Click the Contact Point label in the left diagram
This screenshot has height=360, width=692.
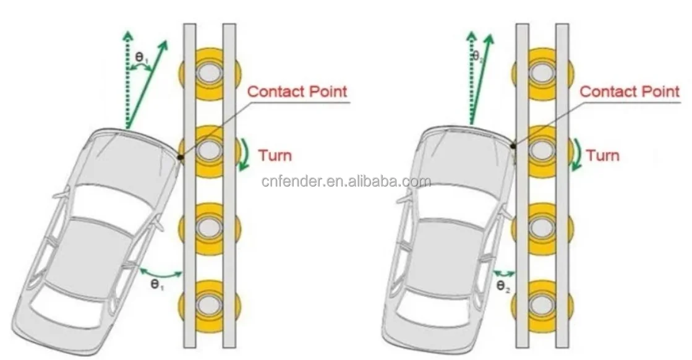click(x=297, y=92)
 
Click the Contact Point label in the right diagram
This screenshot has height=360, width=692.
click(x=630, y=92)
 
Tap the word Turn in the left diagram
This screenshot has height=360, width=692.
click(x=275, y=155)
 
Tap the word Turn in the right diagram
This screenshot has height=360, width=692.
click(x=602, y=155)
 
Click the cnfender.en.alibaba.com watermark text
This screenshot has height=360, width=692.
click(x=346, y=181)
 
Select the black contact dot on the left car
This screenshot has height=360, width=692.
click(x=181, y=157)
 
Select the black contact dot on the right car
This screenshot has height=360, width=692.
click(x=513, y=145)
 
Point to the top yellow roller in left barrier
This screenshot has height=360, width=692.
click(x=210, y=73)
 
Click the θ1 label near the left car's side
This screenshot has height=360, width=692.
click(x=157, y=285)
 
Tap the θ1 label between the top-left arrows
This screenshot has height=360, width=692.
click(x=141, y=58)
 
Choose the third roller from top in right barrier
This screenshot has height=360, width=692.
click(x=542, y=226)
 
